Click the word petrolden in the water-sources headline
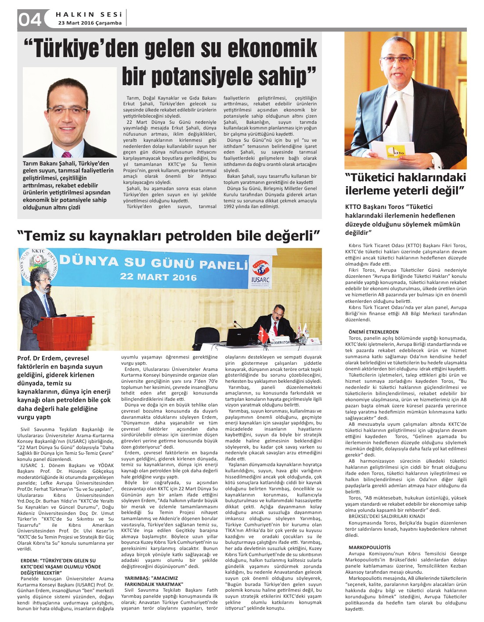point(217,236)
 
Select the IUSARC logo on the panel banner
point(261,273)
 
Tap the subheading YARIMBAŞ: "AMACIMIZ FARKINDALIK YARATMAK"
point(153,581)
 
